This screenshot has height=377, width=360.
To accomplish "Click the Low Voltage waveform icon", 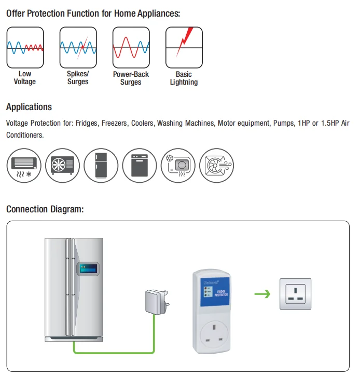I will pos(25,47).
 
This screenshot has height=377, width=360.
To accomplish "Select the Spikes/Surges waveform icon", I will pos(78,47).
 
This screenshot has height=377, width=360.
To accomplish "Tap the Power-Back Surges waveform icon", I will pos(131,47).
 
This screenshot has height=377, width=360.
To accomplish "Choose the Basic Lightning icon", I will pos(184,47).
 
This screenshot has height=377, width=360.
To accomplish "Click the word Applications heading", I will pos(29,107).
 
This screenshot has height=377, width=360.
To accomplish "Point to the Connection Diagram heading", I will pos(45,209).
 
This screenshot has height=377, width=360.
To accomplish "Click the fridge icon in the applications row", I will pos(102,165).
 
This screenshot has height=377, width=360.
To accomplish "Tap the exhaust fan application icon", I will pos(216,165).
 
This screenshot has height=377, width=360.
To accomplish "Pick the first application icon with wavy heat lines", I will pos(25,165).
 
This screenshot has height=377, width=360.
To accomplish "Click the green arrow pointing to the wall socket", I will pos(262,294).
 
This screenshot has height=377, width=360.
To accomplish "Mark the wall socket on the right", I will pos(295,294).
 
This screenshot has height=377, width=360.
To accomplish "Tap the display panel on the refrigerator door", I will pos(88,269).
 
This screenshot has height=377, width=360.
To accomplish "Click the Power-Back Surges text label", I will pos(131,78).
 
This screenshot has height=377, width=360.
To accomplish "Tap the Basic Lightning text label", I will pos(184,78).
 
